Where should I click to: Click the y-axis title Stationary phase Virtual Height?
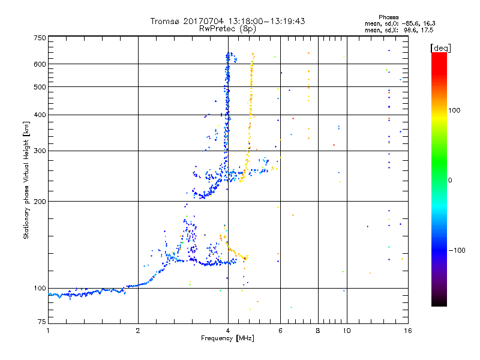click(x=26, y=180)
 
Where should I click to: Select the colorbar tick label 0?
click(x=451, y=180)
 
